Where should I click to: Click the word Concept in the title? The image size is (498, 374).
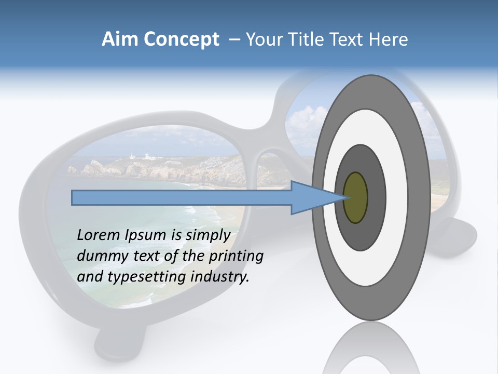tap(181, 39)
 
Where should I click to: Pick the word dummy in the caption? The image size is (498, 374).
tap(100, 256)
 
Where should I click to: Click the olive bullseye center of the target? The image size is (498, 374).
tap(355, 197)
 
